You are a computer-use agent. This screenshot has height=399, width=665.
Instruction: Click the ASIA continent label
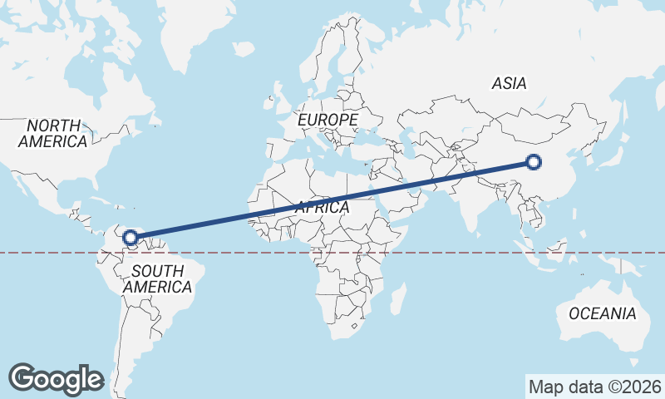509,83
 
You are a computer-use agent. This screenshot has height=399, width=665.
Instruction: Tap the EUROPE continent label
328,121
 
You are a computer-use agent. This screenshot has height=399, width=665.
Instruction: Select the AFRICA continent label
322,208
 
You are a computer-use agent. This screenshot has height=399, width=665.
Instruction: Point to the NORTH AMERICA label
53,133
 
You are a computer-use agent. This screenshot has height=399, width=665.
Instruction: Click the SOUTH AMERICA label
157,278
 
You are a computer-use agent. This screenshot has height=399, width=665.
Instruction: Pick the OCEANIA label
603,313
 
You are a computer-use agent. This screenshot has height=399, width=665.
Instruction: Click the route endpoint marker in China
534,162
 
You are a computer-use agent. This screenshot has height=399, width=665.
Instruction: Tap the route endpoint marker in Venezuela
131,238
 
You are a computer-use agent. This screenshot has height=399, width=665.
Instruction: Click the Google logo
56,378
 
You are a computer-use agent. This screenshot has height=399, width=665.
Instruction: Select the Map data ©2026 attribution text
594,387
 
